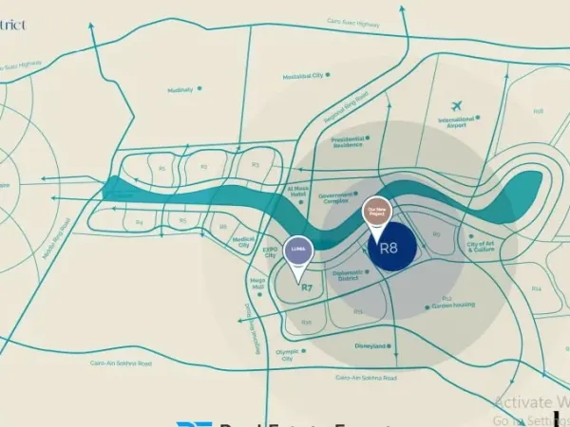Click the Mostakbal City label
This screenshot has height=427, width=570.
point(304,77)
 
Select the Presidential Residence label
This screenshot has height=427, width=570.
point(349,141)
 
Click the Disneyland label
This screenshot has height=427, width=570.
point(370,346)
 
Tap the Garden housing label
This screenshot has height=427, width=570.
point(454,306)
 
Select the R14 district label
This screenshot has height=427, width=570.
point(537,288)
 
